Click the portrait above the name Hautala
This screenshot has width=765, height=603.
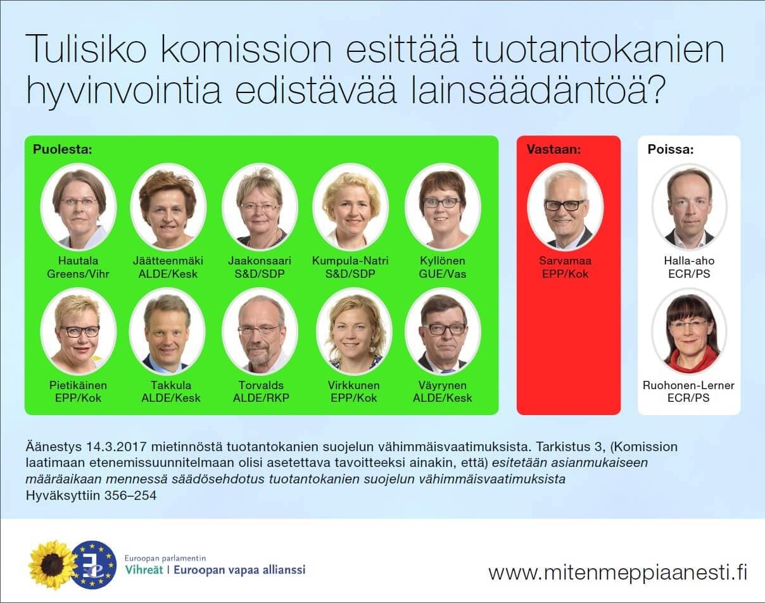coord(78,207)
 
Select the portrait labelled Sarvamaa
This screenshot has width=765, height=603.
coord(565,207)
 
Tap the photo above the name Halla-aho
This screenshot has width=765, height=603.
coord(689,207)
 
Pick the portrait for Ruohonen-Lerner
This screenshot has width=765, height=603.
coord(689,332)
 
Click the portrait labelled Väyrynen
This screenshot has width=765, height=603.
coord(443,332)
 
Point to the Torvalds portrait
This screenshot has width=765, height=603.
coord(260,332)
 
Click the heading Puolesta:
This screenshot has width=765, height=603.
coord(62,149)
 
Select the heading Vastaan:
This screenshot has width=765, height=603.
coord(553,149)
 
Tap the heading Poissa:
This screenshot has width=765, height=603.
coord(671,149)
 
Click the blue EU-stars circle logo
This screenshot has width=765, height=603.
coord(94,564)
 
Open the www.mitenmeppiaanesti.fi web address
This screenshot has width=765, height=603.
coord(618,573)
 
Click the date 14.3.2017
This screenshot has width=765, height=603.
coord(117,447)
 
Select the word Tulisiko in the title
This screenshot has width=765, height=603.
coord(85,49)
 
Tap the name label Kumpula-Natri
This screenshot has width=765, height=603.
coord(350,261)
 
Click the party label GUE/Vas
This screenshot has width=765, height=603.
coord(443,274)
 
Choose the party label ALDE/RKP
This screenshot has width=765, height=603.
coord(261,398)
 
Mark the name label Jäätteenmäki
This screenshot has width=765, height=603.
coord(168,261)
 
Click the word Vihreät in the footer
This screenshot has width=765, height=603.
coord(144,570)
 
